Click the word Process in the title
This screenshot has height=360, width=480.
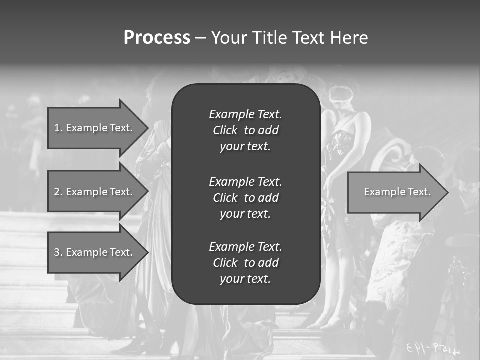[157, 38]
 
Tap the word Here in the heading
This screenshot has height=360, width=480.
[349, 38]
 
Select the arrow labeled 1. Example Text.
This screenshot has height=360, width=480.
[95, 128]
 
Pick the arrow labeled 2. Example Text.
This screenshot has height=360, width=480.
[95, 192]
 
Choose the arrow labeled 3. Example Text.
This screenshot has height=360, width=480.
[95, 252]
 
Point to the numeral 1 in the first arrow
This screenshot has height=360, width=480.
[56, 128]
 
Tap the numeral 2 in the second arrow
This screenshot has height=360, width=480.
[57, 192]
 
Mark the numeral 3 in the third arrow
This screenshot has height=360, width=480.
[57, 252]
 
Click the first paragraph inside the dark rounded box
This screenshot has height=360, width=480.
[245, 130]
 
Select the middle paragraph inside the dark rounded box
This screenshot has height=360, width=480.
[245, 198]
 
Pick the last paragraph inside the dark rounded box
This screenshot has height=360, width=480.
[245, 263]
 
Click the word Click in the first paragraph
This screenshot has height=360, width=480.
[225, 130]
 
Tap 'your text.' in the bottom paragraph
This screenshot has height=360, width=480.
[245, 279]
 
